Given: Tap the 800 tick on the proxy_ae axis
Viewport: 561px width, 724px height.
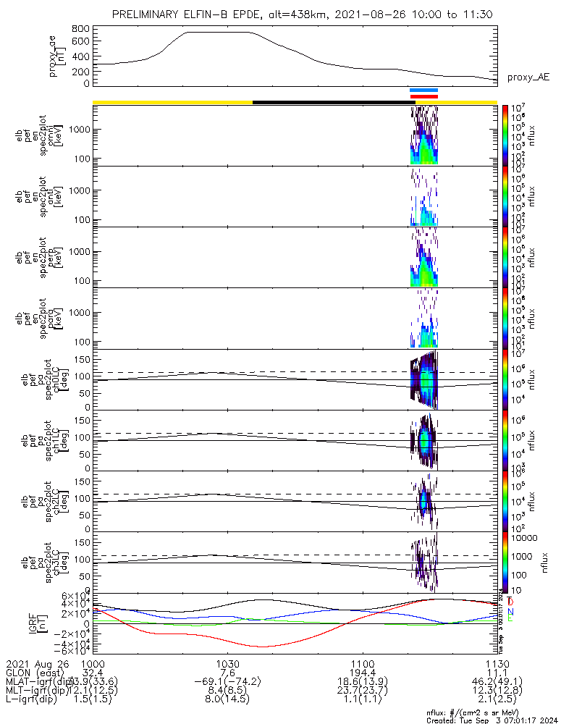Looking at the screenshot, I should (81, 29).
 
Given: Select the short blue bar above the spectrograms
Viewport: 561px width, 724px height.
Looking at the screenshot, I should (423, 90).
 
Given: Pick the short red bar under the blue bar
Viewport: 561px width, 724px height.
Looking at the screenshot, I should (423, 96).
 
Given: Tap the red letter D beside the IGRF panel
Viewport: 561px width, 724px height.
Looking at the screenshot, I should (511, 602).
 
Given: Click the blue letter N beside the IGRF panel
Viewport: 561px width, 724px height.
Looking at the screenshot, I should (511, 612).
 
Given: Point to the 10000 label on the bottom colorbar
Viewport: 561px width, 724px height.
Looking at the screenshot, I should (523, 539).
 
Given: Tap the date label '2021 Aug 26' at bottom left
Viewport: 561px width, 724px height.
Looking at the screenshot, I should (35, 664).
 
